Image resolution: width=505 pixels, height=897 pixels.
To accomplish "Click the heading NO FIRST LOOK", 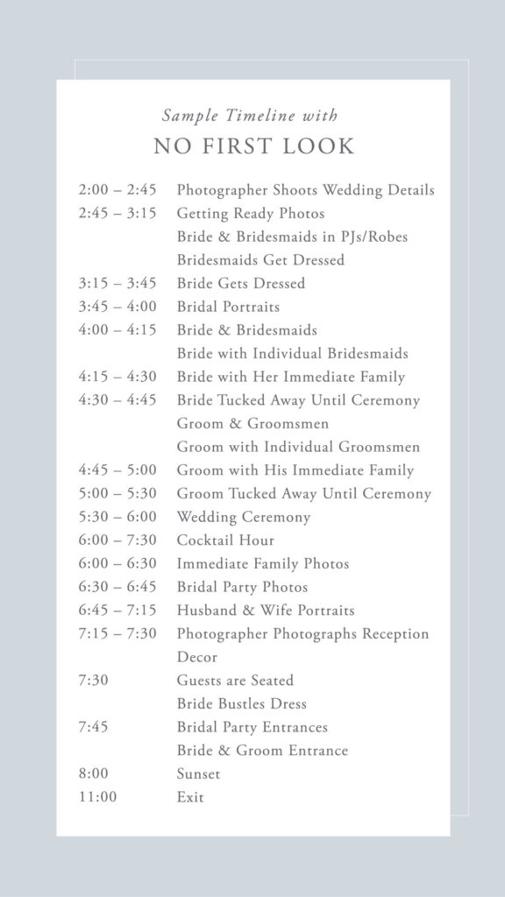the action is click(253, 146).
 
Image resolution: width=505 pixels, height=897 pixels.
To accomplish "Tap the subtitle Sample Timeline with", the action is click(250, 116).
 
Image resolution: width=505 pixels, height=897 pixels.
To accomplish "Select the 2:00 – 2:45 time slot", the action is click(117, 190).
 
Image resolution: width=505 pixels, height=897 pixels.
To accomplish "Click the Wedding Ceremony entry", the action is click(244, 517).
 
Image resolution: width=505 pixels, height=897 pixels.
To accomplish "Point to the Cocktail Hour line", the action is click(225, 540).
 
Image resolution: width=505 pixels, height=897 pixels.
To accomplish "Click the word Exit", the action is click(190, 797).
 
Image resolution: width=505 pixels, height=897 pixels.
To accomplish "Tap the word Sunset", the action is click(198, 774).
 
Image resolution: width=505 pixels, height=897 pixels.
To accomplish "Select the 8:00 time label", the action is click(93, 774).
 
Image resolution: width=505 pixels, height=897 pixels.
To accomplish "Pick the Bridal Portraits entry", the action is click(228, 307).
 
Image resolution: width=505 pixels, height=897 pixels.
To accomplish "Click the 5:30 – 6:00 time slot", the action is click(117, 517).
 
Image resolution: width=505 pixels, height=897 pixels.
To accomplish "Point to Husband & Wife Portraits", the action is click(266, 611).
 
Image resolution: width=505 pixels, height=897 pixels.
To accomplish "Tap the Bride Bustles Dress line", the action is click(241, 704).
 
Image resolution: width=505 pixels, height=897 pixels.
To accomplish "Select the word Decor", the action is click(197, 657).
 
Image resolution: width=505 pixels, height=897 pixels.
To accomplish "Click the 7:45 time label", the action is click(93, 727).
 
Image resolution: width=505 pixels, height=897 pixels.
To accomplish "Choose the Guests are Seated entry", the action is click(235, 681).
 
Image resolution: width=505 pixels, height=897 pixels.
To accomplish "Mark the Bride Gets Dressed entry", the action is click(241, 284).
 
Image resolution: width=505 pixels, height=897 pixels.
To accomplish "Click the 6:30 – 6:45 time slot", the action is click(117, 587).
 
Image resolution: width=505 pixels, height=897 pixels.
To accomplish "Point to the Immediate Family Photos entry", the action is click(263, 564).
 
